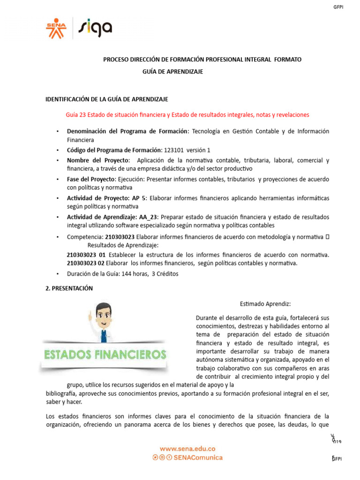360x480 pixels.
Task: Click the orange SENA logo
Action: (x=56, y=28)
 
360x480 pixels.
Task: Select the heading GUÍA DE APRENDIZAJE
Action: (x=172, y=71)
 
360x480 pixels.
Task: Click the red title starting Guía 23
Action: (x=187, y=115)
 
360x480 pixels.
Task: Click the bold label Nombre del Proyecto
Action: (x=98, y=160)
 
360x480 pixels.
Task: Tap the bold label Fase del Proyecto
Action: (x=90, y=180)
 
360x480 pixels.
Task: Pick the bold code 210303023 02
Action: (x=85, y=263)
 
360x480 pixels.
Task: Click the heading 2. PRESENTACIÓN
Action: (x=69, y=288)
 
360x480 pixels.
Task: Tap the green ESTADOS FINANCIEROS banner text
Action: (x=105, y=354)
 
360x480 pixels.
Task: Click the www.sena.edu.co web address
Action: (x=187, y=448)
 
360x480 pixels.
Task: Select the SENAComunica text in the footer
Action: (x=197, y=457)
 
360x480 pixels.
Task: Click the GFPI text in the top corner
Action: (x=337, y=7)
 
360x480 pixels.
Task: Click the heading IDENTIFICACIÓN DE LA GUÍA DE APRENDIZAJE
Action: (x=106, y=99)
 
